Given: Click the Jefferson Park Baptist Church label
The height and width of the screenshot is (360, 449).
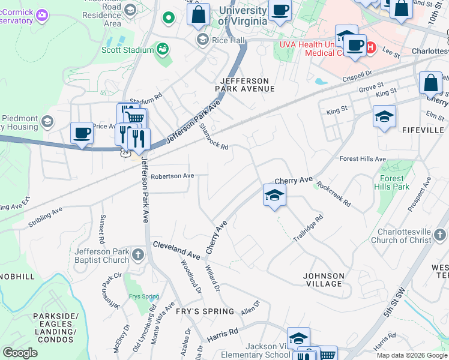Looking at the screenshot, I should [101, 256].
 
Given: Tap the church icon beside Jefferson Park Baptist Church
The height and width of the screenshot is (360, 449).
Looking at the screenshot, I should [138, 255].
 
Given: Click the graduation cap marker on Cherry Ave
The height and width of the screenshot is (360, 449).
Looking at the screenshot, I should [274, 195].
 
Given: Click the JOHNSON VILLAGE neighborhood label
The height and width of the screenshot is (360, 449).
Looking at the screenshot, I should [324, 280].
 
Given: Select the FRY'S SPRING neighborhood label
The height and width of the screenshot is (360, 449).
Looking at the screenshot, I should [205, 311].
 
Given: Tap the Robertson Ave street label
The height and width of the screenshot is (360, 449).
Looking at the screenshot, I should [172, 176].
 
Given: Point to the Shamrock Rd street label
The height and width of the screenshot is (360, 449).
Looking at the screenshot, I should [214, 137].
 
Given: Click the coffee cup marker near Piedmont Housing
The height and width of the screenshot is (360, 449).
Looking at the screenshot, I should [82, 133].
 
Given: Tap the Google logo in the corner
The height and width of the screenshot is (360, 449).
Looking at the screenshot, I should [20, 353].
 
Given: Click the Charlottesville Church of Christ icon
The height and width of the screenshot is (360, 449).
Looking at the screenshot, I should [441, 233].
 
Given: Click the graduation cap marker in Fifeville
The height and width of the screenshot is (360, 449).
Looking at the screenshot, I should [384, 116].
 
